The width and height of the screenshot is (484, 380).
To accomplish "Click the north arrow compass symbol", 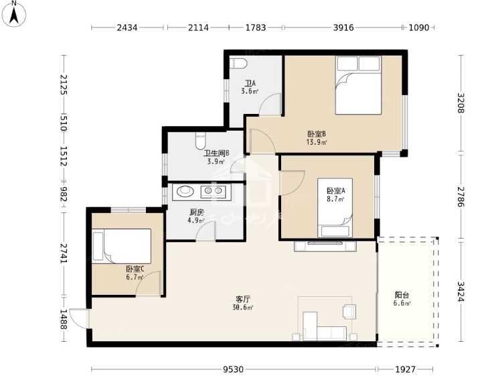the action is [x=13, y=13].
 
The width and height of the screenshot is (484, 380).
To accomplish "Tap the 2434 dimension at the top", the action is [x=127, y=27].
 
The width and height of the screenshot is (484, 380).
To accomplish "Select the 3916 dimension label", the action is [x=343, y=27].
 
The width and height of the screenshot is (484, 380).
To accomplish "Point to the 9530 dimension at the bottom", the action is [x=234, y=369].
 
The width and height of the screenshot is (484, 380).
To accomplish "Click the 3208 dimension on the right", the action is [x=461, y=103].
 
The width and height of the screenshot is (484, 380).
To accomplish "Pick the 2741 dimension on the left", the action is [x=64, y=253].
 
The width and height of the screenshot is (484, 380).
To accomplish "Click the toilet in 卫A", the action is [x=238, y=63].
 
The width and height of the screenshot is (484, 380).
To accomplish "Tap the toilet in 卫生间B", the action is [x=201, y=141].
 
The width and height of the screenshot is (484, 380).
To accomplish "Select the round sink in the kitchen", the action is [x=185, y=192].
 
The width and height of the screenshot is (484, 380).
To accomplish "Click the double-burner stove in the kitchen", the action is [x=213, y=192].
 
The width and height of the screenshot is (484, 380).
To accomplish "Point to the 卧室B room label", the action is [x=317, y=134].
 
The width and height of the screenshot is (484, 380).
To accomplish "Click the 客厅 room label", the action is [x=242, y=299].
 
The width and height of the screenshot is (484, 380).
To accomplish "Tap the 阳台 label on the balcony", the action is [x=402, y=295].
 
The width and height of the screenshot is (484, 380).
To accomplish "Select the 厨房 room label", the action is [x=197, y=212].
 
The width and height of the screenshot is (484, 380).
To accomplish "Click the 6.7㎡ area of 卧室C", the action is [x=135, y=277].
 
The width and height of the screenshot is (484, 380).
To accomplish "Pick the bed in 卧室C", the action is [x=122, y=246].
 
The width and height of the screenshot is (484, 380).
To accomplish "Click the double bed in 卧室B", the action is [x=358, y=85].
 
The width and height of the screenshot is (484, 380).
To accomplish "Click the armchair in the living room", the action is [x=349, y=311].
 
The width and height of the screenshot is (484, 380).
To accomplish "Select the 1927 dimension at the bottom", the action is [x=405, y=369].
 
